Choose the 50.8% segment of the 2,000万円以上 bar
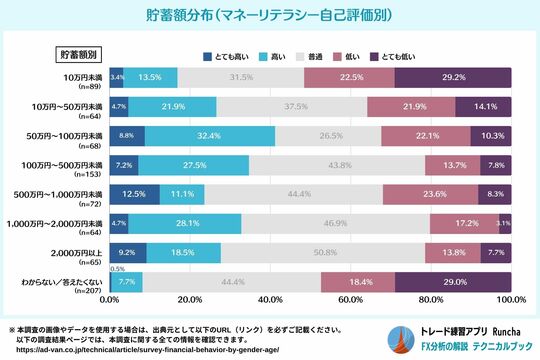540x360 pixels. [324, 251]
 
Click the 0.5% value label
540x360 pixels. [117, 269]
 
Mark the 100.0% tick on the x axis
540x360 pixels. [510, 299]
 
